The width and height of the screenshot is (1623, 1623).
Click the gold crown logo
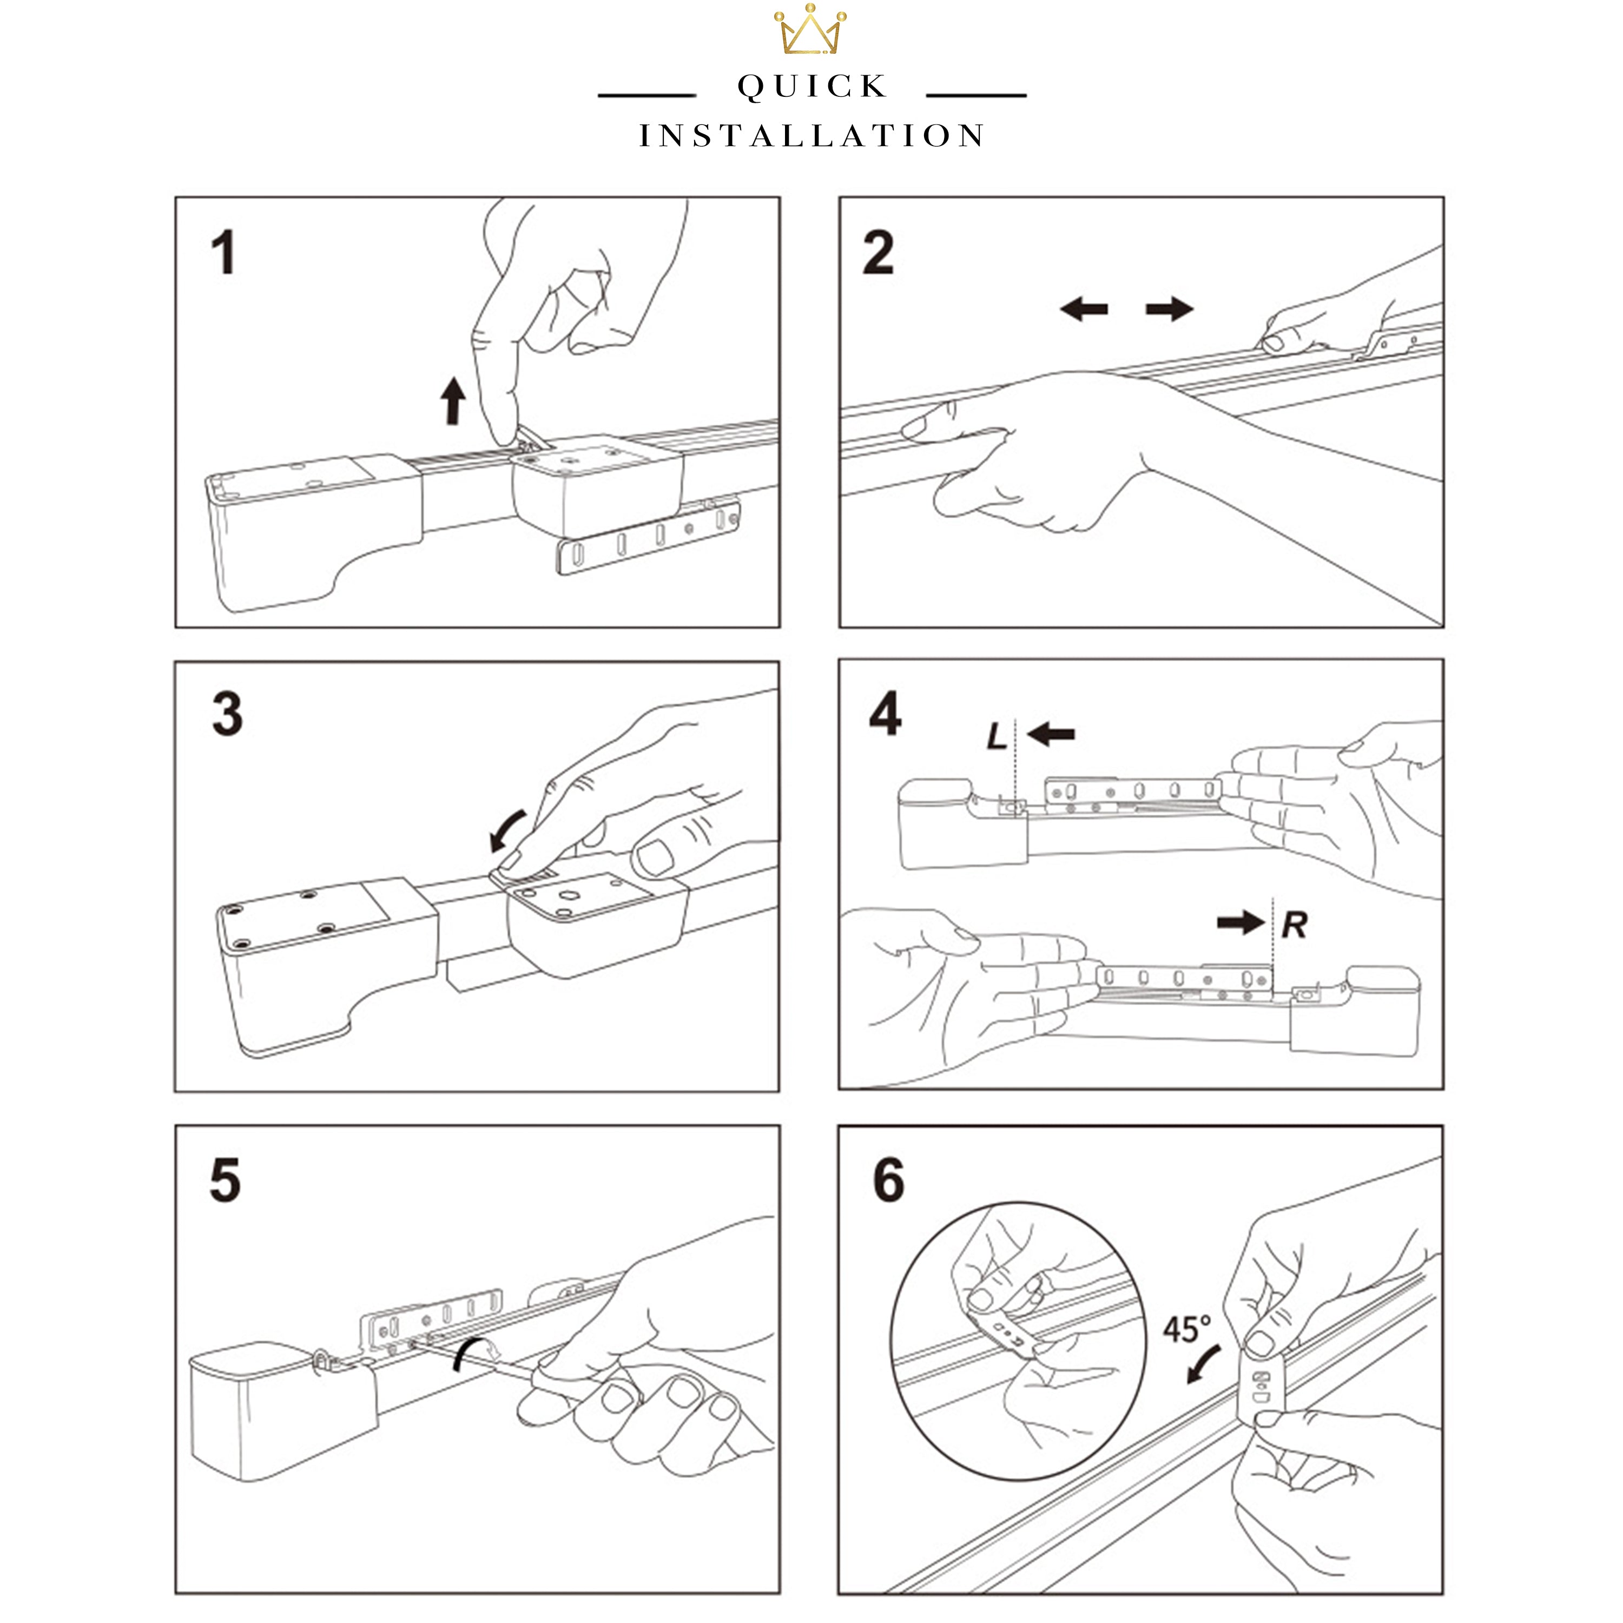(x=810, y=30)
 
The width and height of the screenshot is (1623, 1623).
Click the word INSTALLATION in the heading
(x=811, y=136)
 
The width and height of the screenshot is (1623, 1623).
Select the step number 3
(x=227, y=714)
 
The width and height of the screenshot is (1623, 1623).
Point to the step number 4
(x=885, y=714)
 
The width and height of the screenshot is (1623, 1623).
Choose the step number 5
(x=225, y=1180)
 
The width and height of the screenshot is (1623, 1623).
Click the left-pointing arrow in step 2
(x=1084, y=309)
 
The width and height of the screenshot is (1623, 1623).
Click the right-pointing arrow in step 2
(x=1169, y=309)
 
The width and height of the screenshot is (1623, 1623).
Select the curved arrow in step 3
(x=507, y=830)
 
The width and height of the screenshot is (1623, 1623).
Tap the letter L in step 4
(x=997, y=737)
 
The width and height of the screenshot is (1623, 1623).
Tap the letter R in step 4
(x=1295, y=925)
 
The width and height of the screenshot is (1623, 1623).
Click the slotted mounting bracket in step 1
(x=649, y=538)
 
